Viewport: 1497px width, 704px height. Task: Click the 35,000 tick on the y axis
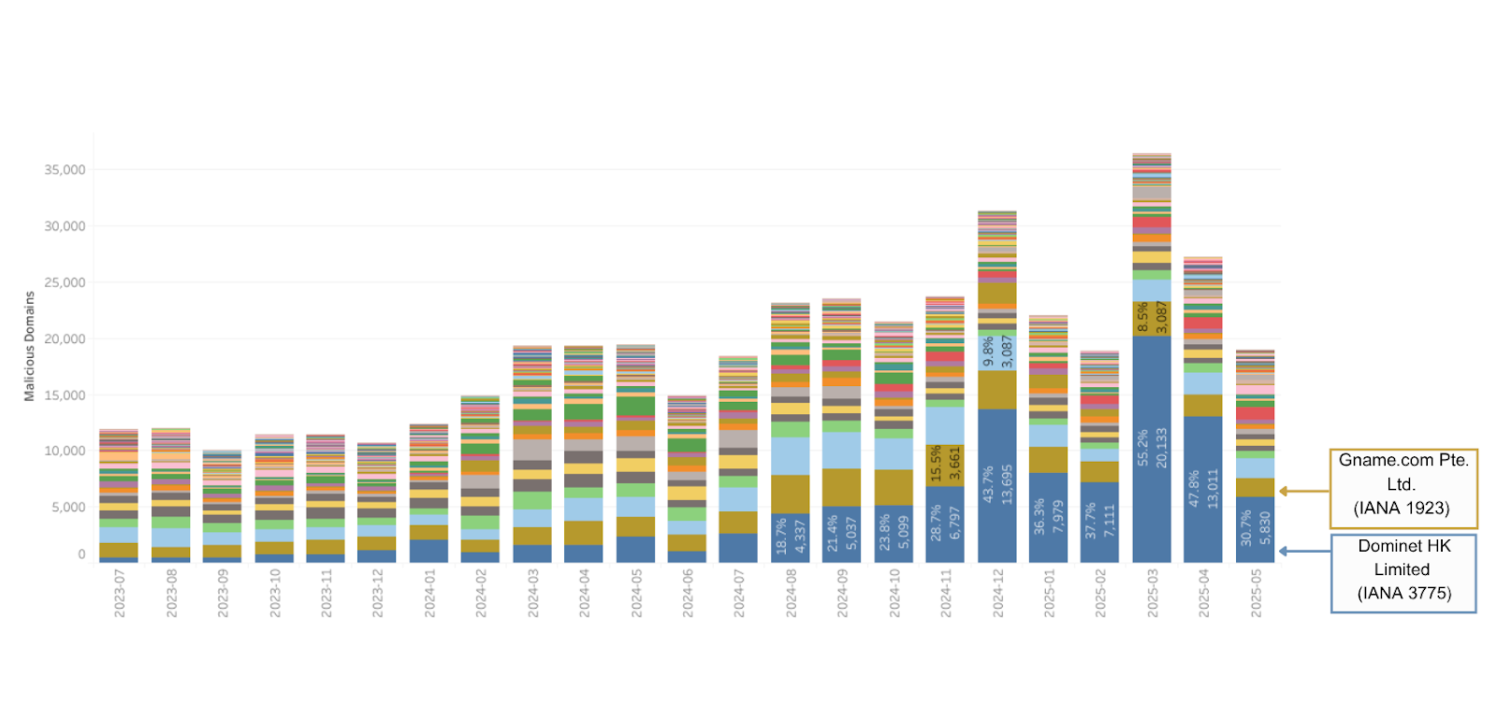65,170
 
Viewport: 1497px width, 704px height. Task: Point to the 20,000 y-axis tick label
65,339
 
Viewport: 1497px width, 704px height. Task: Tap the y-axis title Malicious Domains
29,346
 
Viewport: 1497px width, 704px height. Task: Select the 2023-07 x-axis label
120,594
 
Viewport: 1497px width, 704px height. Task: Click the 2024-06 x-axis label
688,594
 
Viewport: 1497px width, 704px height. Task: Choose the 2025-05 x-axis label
1256,594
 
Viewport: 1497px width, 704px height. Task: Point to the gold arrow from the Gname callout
1304,491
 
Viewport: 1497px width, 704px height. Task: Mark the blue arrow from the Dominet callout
1304,552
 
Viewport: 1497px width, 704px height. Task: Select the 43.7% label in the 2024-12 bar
988,485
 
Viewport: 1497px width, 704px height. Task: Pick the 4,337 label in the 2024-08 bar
800,537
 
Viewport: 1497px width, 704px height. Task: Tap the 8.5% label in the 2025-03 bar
1142,317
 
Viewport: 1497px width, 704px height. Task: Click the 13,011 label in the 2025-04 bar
1213,488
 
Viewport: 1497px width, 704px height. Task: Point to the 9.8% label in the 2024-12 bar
988,352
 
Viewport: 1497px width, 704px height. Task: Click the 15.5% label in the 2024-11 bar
936,464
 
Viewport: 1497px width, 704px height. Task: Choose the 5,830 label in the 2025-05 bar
1265,529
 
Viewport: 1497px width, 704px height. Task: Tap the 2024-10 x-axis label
894,594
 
